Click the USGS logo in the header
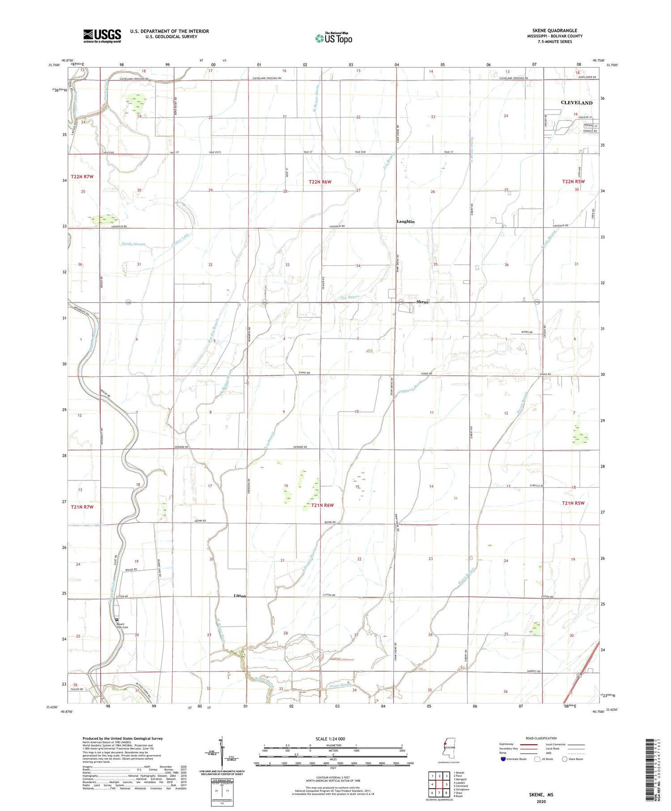pos(102,36)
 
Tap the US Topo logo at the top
pos(333,38)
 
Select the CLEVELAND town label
pos(576,103)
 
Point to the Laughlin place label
pos(405,222)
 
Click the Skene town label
pos(422,302)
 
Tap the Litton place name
pos(240,596)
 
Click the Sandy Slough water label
pos(133,244)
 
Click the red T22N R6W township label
pos(320,182)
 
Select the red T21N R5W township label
pos(573,503)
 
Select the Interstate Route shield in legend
pos(503,759)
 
